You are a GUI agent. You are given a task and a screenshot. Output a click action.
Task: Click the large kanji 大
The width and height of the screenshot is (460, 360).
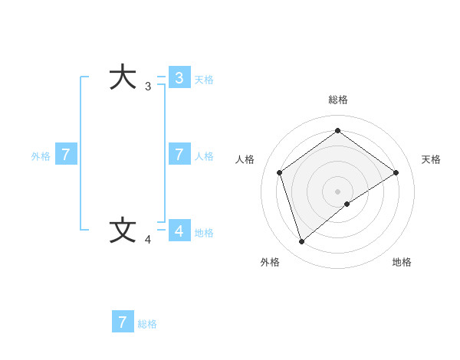[123, 77]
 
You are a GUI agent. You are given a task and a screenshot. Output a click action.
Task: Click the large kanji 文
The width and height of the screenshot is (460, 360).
[123, 231]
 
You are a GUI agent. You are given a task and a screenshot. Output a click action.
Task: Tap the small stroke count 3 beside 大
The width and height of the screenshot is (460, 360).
[148, 87]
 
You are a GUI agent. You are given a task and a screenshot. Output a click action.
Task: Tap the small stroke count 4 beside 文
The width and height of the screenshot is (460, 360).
[148, 240]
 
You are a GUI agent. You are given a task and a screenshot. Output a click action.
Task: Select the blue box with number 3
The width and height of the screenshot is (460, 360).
[179, 78]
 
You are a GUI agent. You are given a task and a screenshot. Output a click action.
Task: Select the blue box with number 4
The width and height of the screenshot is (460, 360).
[179, 231]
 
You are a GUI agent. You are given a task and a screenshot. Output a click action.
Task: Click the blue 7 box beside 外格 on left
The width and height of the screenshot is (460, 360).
[66, 155]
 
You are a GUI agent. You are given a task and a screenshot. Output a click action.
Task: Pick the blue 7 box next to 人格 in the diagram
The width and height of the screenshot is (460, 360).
[179, 155]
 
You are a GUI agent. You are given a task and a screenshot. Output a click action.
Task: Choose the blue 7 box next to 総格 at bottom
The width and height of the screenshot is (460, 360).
[123, 322]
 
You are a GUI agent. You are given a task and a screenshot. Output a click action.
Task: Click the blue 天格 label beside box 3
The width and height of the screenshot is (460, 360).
[204, 80]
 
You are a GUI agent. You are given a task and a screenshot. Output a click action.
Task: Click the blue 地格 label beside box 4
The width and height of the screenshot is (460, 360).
[204, 233]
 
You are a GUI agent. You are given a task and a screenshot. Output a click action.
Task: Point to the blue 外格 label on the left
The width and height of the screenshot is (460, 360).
[41, 156]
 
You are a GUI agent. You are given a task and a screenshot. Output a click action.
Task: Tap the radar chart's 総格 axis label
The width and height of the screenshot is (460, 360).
[338, 100]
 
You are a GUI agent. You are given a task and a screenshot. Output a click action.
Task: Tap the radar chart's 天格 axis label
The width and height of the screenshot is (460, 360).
[431, 159]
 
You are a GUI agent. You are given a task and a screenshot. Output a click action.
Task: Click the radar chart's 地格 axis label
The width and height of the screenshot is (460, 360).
[402, 263]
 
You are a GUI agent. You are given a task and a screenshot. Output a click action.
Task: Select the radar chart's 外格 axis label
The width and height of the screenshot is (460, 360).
[270, 263]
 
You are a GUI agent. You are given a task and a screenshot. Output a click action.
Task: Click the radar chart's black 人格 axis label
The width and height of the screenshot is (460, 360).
[245, 159]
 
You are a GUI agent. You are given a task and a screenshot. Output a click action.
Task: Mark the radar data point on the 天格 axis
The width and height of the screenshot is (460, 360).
[396, 172]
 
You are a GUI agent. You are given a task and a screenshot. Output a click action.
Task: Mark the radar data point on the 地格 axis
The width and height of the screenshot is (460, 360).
[347, 204]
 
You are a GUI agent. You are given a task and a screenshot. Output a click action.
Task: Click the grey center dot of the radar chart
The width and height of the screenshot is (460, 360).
[338, 191]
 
